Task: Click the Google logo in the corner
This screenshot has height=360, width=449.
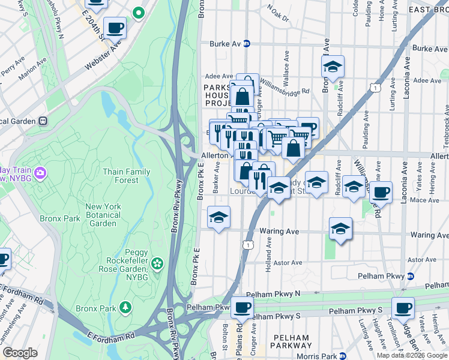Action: [20, 353]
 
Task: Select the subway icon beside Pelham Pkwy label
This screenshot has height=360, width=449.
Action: [411, 276]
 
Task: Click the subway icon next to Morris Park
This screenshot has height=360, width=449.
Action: [343, 356]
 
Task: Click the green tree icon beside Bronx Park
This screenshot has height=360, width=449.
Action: [125, 308]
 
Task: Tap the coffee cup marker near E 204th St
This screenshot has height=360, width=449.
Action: [115, 27]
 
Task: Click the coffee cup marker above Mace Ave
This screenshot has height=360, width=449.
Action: [381, 192]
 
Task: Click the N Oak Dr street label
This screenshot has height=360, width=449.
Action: [278, 12]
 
